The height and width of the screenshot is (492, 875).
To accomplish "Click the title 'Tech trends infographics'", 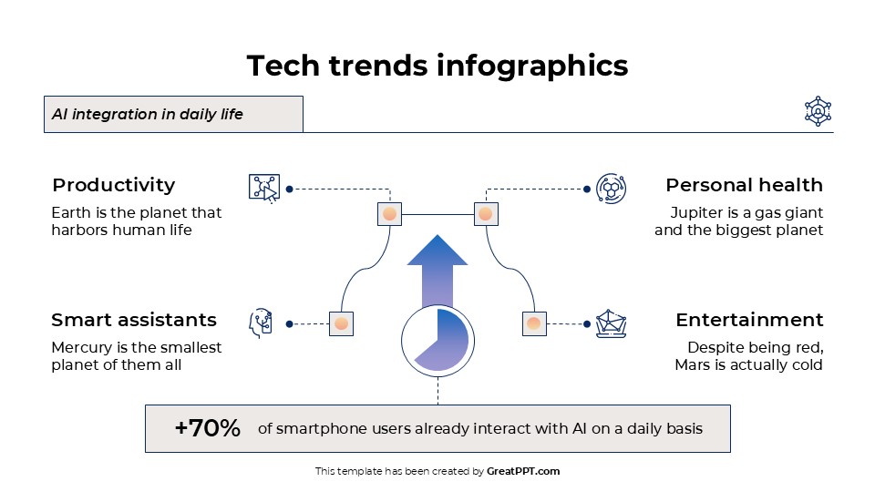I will point(437,66).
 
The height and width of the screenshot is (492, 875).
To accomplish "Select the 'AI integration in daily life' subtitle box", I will point(173,115).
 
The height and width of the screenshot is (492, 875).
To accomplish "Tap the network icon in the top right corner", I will point(818,111).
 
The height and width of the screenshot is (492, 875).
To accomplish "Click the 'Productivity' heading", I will point(114,185).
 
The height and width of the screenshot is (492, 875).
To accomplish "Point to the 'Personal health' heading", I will point(744,185).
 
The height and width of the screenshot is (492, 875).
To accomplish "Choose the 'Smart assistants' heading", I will point(134,320).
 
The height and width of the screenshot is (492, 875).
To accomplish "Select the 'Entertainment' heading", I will point(749,320).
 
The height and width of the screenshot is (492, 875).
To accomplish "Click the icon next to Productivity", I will point(263,188).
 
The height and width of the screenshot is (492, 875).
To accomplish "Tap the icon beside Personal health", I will point(611,188).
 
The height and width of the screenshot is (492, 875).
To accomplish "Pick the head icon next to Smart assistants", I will point(262,323).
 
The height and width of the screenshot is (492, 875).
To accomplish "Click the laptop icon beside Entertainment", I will point(611,323).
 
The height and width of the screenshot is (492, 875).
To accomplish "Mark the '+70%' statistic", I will point(208,428).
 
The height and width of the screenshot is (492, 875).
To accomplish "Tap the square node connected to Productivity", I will point(389,214).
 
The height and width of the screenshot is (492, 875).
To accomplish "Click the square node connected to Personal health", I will point(486,214).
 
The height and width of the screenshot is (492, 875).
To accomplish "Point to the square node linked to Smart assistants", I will point(341,323).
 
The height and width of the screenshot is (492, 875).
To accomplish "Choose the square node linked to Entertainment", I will point(534,323).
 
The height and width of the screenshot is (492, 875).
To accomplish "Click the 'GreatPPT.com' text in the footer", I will point(523,471).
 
